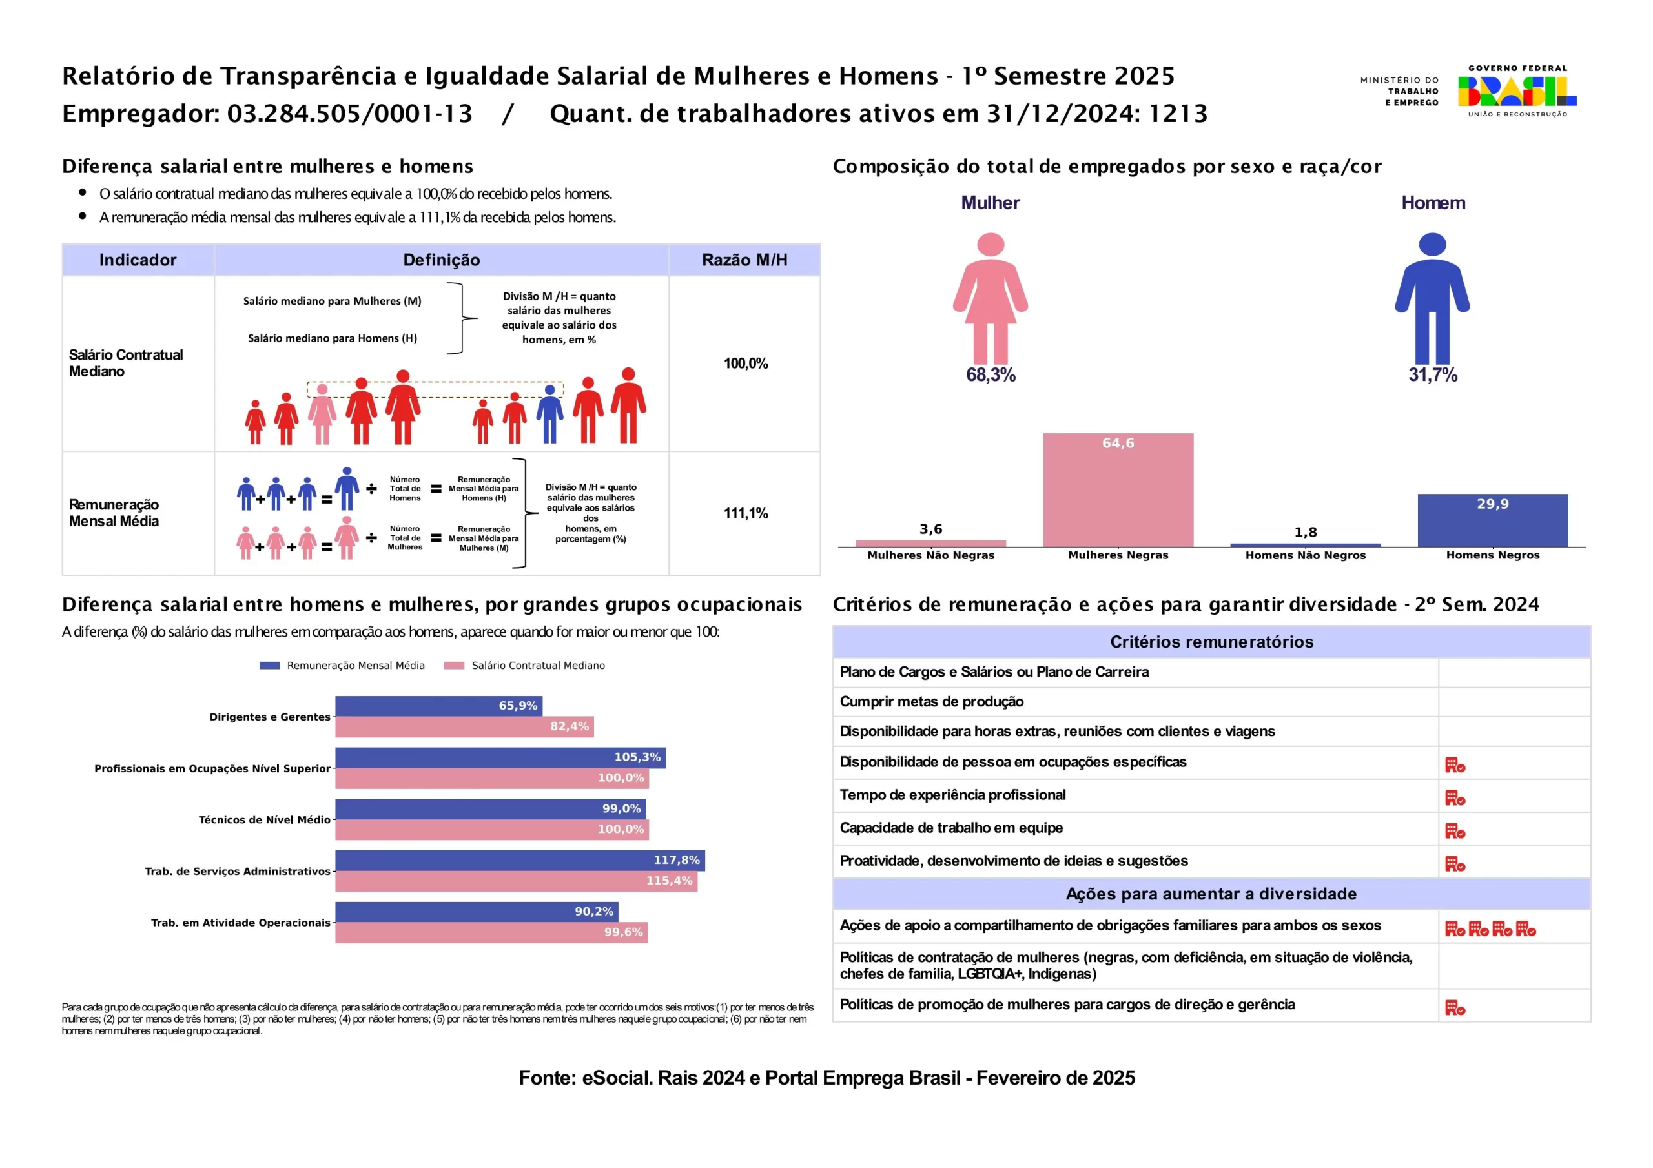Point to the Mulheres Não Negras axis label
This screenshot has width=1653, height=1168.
[930, 555]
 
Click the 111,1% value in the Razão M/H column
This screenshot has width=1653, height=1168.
[745, 513]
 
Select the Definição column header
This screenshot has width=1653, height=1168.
[441, 260]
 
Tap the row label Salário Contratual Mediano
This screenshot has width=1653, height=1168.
[126, 363]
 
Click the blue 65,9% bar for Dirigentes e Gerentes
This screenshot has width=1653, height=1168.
[438, 706]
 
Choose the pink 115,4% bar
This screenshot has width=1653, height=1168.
[515, 881]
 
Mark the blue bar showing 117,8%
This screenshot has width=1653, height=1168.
[519, 861]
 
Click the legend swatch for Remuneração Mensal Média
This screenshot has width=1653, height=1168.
[269, 666]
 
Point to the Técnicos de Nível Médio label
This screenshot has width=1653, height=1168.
[264, 820]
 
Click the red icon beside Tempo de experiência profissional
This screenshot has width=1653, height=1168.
[1454, 798]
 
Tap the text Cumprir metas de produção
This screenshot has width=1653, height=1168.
[931, 702]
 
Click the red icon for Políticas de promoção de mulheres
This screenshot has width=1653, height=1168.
[1454, 1007]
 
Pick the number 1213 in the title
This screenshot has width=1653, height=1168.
[1178, 114]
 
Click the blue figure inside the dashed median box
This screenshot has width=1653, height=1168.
[549, 413]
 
